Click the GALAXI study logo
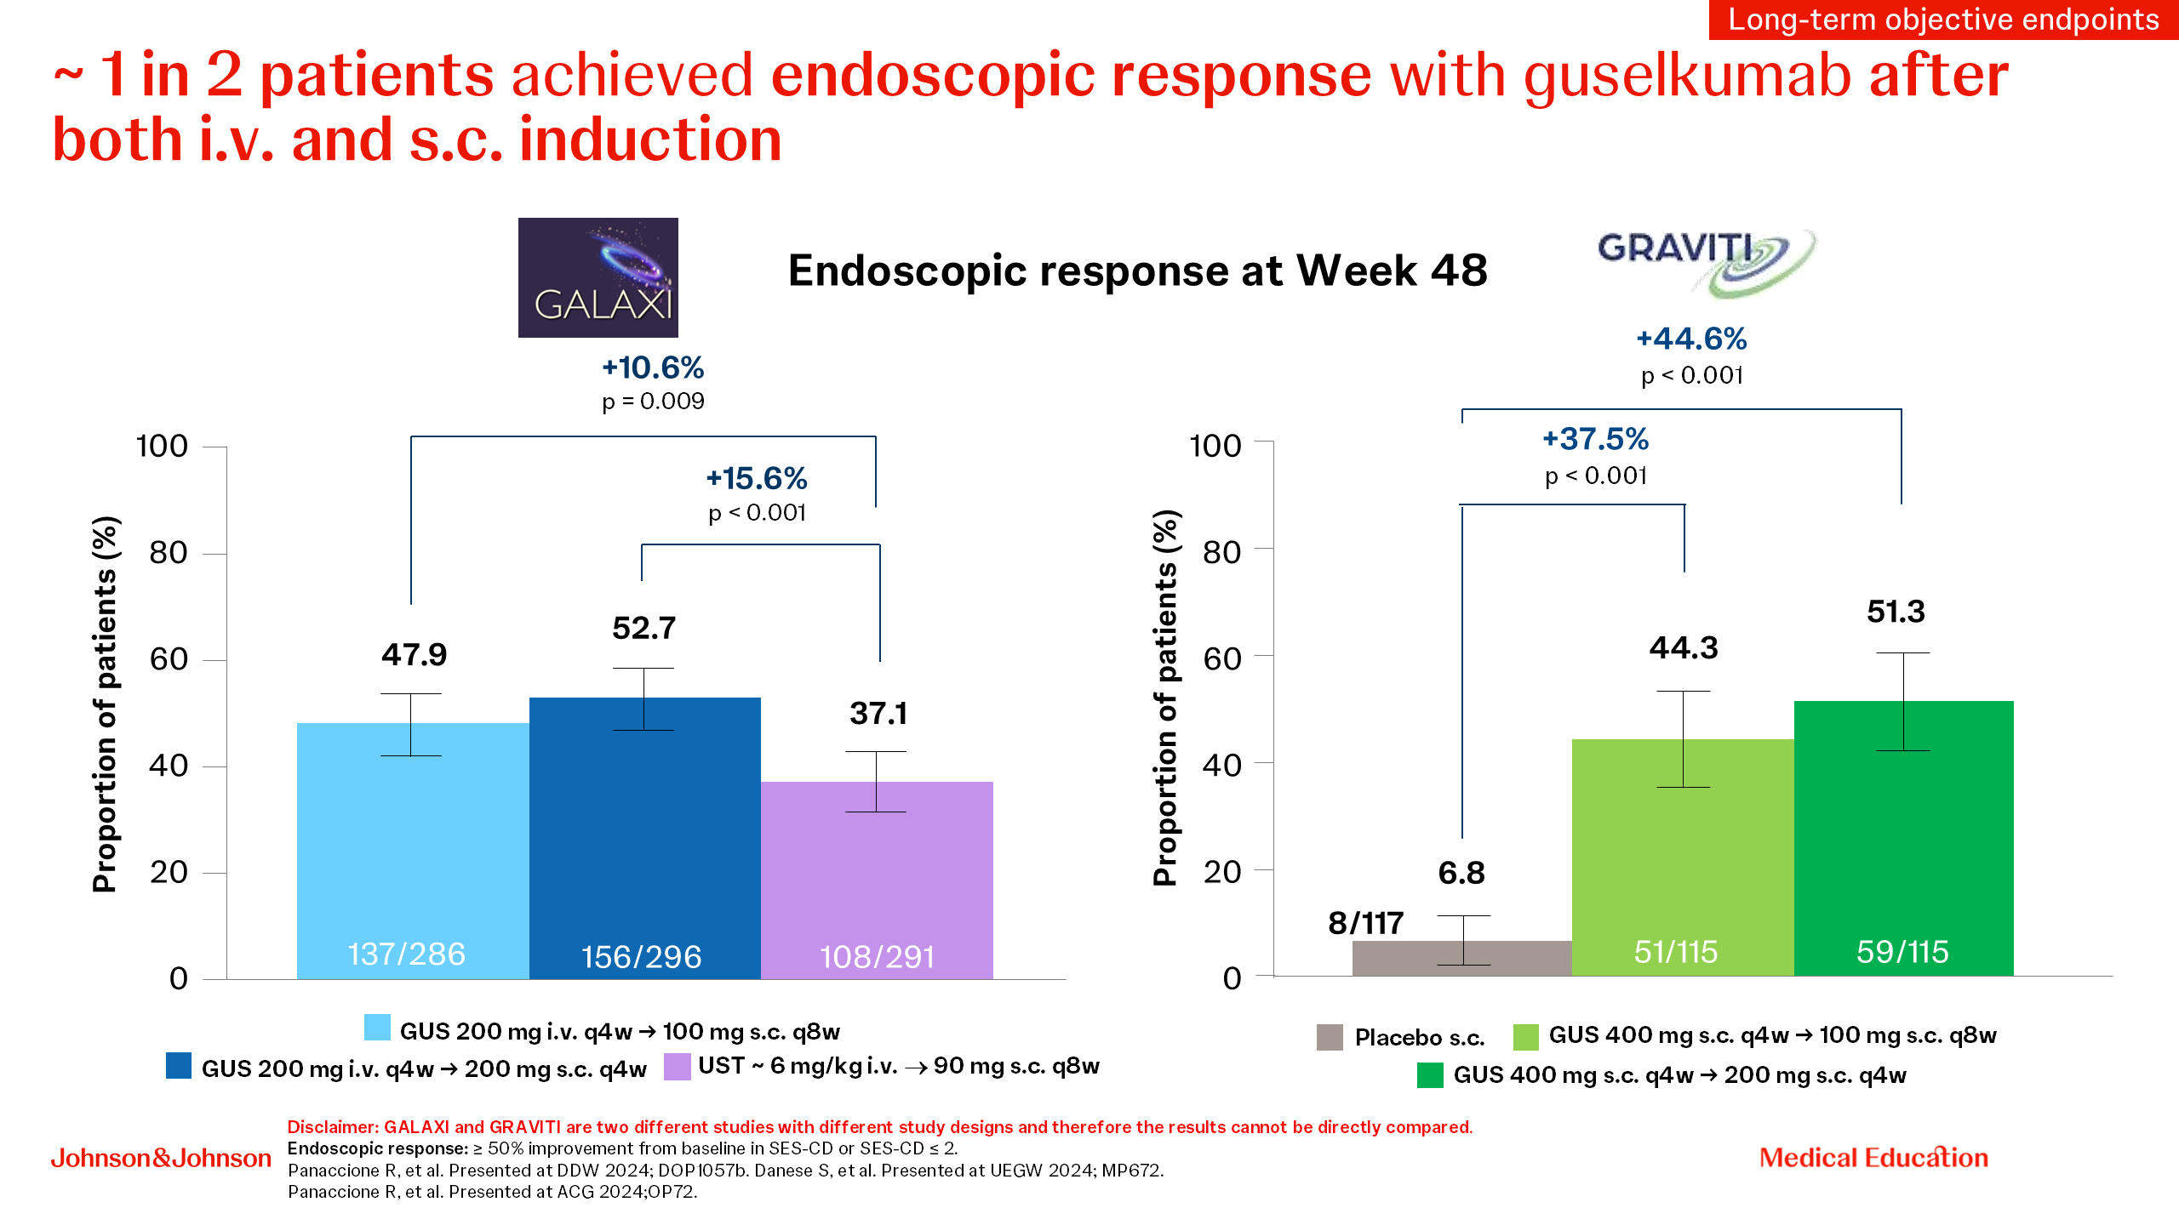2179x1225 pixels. pos(598,277)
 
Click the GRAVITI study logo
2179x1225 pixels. pos(1706,261)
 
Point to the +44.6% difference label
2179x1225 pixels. pos(1691,339)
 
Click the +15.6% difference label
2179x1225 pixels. pos(757,478)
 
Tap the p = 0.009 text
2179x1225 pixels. pos(653,401)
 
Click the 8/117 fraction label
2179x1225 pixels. pos(1365,923)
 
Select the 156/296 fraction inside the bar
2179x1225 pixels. pos(641,957)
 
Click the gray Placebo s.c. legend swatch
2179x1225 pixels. pos(1330,1037)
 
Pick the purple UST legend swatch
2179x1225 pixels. pos(677,1067)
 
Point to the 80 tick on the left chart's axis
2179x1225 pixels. pos(169,553)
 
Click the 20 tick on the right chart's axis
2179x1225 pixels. pos(1221,871)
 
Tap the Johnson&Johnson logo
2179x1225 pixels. pos(161,1158)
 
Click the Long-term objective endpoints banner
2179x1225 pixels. pos(1943,20)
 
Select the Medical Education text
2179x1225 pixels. pos(1873,1158)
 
